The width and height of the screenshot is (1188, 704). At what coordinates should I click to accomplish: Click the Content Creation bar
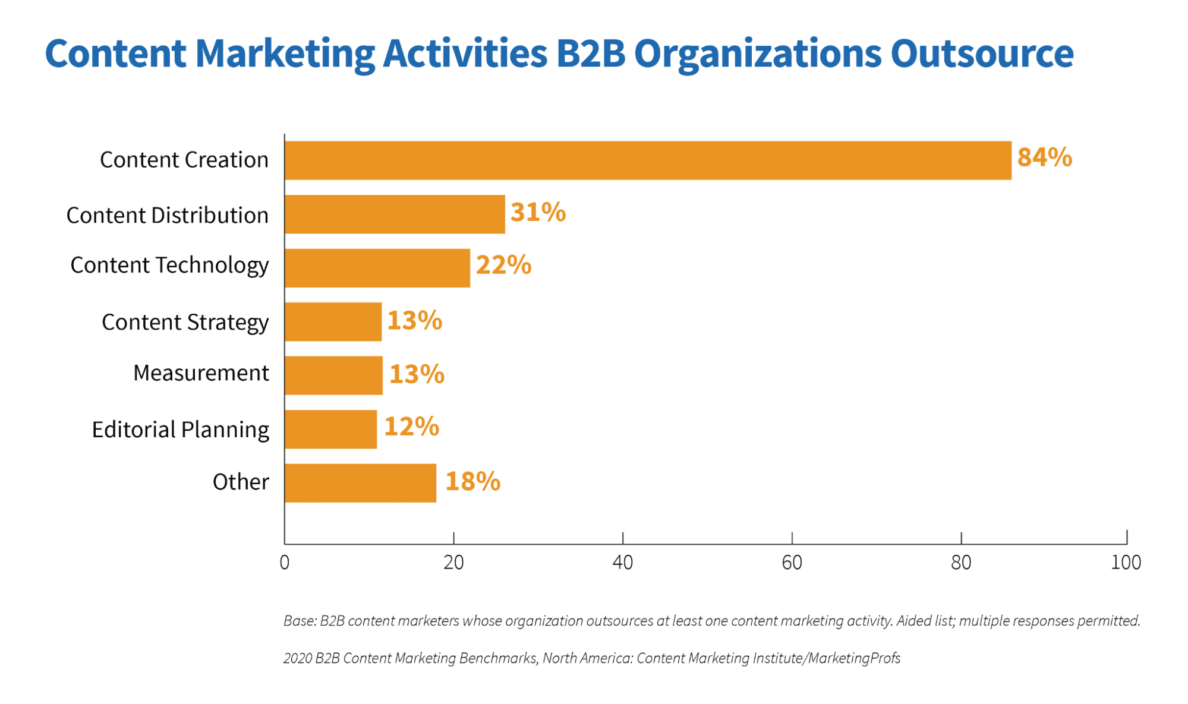648,160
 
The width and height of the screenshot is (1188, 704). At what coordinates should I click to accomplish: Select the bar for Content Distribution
395,214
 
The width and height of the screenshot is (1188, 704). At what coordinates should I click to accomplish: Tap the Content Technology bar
377,268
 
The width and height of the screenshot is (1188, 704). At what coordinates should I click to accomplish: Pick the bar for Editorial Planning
330,429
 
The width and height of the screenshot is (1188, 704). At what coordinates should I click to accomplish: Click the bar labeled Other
360,483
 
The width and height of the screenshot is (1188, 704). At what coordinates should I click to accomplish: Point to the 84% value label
1044,157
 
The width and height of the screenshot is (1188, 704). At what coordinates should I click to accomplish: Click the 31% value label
538,212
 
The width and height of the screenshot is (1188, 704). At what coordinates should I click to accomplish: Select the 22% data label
503,265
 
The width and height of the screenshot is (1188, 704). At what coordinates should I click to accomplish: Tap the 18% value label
472,481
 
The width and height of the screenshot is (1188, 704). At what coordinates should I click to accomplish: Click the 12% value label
411,427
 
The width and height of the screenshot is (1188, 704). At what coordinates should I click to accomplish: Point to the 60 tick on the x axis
792,562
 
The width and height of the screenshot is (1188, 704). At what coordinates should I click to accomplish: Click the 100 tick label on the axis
1126,562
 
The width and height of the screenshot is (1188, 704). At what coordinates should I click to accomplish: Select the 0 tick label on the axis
285,562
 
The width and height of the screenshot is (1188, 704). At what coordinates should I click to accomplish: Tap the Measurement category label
201,373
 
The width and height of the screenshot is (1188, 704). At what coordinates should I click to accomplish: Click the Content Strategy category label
185,322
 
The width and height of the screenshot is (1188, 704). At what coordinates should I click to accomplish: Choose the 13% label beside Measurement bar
417,374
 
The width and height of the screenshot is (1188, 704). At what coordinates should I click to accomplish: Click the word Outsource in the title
981,53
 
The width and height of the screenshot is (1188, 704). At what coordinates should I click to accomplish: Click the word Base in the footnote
299,621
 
